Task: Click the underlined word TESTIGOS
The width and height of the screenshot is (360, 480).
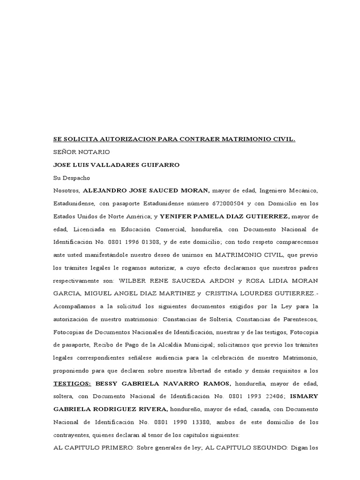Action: coord(72,370)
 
